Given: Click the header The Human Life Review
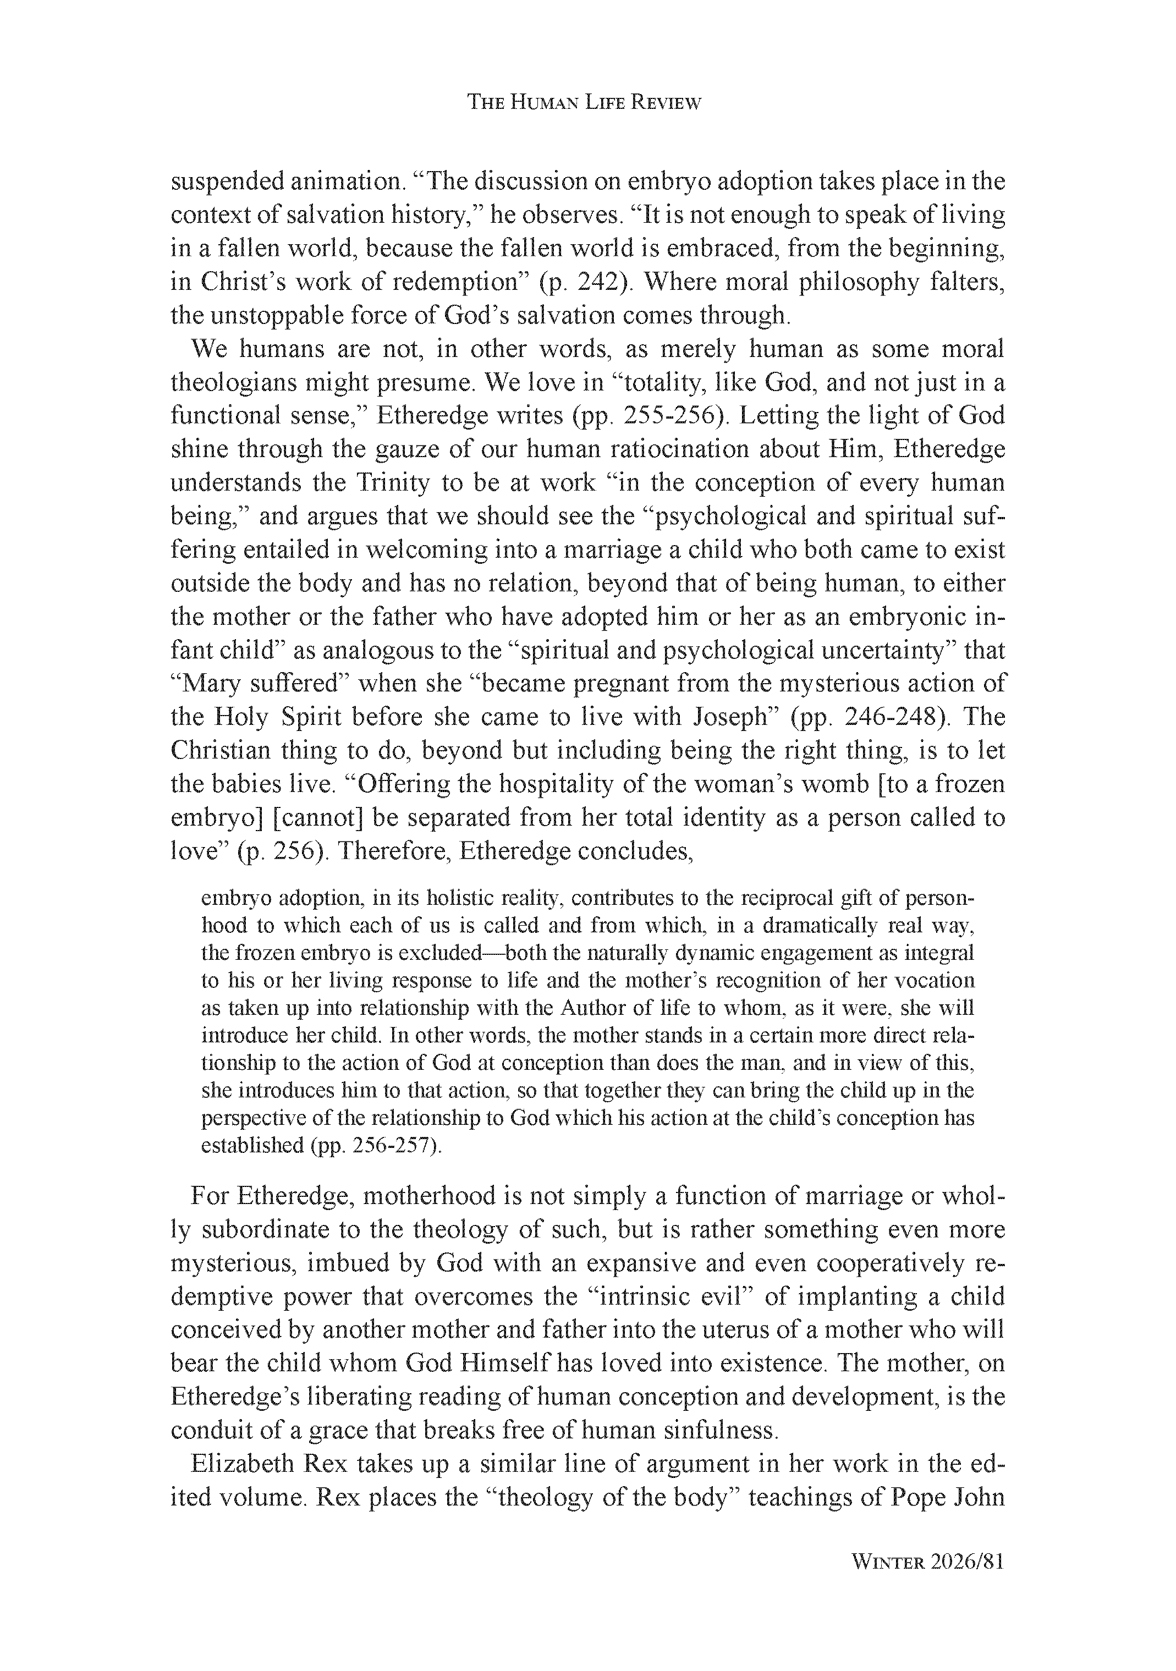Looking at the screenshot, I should click(584, 103).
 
